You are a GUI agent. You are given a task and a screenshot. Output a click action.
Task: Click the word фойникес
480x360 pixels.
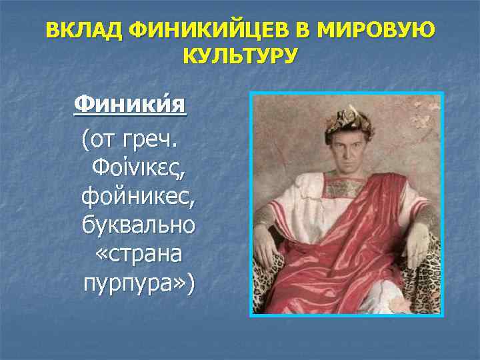[x=138, y=197]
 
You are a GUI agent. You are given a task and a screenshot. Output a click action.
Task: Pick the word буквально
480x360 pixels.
[x=138, y=225]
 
